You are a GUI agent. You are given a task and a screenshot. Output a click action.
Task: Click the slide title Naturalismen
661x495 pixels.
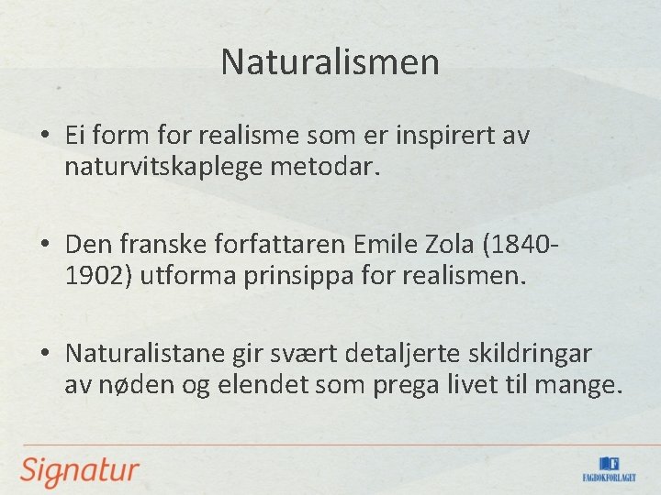pyautogui.click(x=330, y=62)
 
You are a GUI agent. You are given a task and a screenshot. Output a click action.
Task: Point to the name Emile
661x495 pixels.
pyautogui.click(x=374, y=245)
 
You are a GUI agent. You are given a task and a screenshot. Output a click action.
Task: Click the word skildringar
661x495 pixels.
pyautogui.click(x=535, y=353)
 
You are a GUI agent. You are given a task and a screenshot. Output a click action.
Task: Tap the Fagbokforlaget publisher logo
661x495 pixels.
pyautogui.click(x=609, y=468)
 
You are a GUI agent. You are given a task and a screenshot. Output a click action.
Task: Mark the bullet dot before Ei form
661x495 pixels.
pyautogui.click(x=45, y=137)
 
